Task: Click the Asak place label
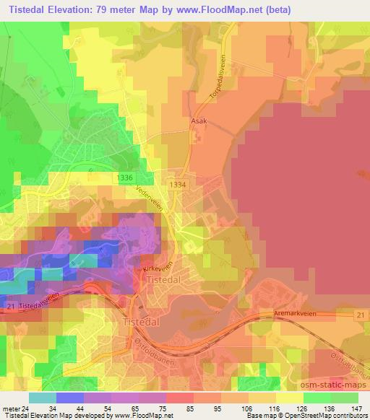point(199,121)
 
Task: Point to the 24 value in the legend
point(33,389)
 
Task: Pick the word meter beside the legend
point(13,389)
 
